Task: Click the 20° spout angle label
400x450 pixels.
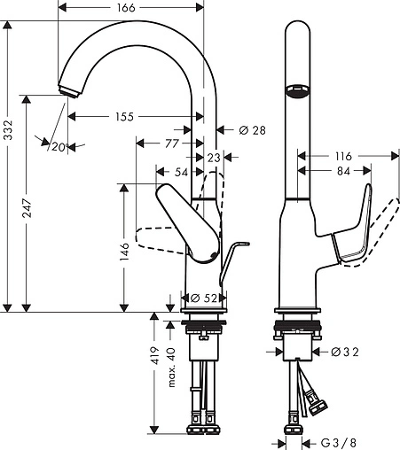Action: click(59, 146)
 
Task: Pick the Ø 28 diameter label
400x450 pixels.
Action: click(253, 131)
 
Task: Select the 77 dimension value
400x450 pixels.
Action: click(172, 143)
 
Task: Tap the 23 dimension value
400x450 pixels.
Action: click(212, 157)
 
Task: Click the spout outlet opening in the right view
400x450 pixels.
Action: click(297, 91)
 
